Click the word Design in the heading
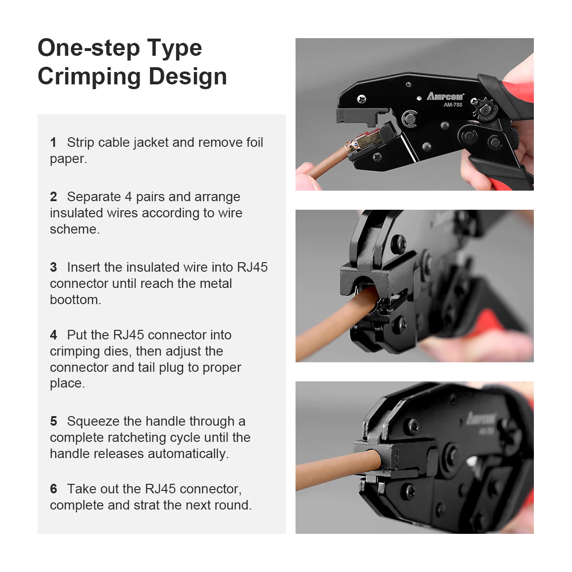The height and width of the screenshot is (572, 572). (x=188, y=77)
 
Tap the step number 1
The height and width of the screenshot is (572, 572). (x=53, y=143)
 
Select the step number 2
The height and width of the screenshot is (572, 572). (x=53, y=197)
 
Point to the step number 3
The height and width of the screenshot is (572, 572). (x=53, y=267)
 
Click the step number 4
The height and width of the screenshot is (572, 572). (x=53, y=335)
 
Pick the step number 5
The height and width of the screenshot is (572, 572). (x=53, y=421)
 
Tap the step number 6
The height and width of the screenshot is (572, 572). (x=53, y=489)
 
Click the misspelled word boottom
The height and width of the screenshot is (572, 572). (x=75, y=300)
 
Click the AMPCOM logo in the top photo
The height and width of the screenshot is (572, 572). (x=445, y=96)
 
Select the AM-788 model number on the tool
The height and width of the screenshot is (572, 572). (x=453, y=105)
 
